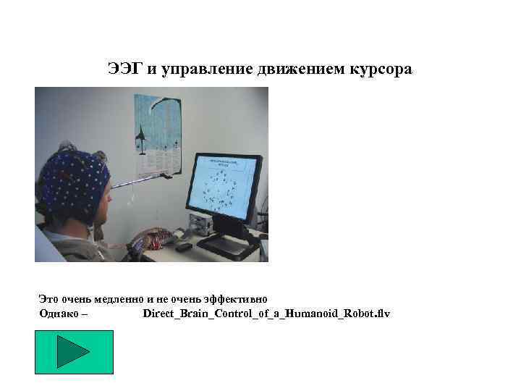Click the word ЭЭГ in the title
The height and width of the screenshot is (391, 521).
124,70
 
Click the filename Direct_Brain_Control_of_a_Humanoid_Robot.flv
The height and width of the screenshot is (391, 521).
266,314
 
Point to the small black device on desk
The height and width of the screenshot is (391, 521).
183,247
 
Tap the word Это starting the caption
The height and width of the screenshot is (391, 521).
48,298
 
